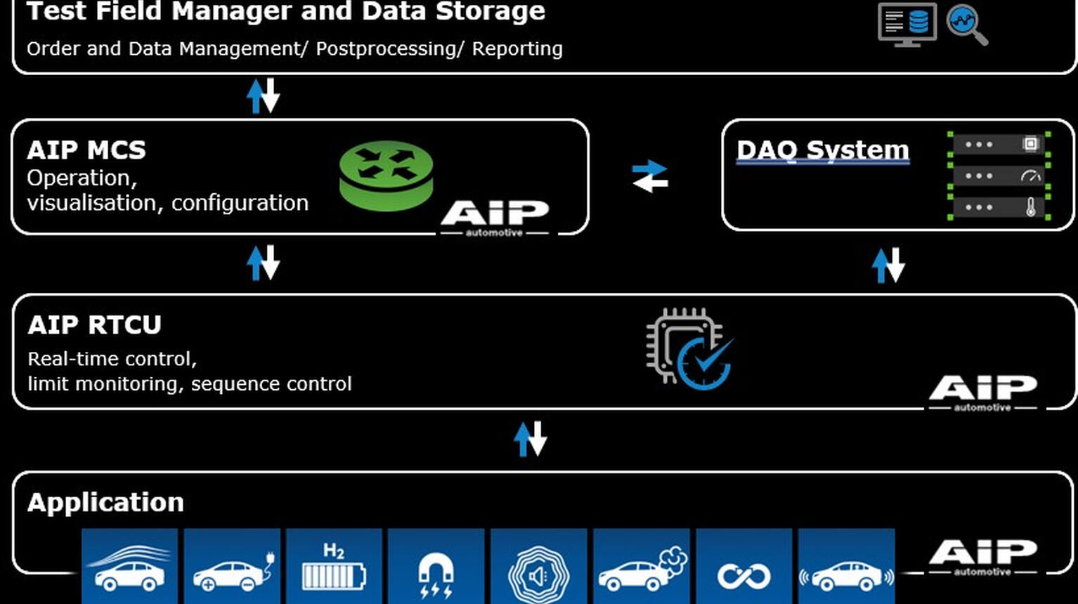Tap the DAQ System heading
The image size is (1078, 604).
(822, 150)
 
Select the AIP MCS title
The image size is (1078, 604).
(86, 150)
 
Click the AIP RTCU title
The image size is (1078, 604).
(94, 325)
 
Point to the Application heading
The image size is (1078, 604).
(105, 503)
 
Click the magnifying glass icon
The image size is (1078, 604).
(967, 25)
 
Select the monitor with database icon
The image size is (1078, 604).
(907, 24)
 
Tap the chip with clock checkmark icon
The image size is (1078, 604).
(689, 348)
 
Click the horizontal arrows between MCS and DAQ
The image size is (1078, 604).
(650, 176)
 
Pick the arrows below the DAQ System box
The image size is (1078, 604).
(888, 265)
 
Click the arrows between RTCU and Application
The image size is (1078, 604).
(531, 439)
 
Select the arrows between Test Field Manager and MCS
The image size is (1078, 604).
(264, 96)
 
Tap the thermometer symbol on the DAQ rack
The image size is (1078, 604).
(1030, 207)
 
